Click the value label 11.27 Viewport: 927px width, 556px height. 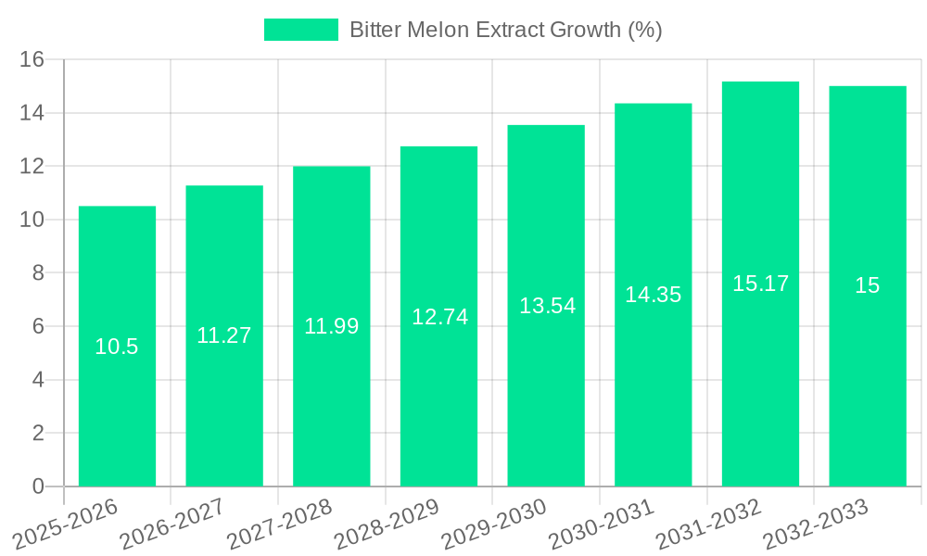pyautogui.click(x=224, y=335)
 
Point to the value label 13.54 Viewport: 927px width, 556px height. pyautogui.click(x=547, y=306)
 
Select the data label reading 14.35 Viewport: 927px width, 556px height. pyautogui.click(x=654, y=295)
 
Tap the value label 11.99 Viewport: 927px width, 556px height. pyautogui.click(x=332, y=326)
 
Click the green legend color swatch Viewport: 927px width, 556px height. pyautogui.click(x=301, y=30)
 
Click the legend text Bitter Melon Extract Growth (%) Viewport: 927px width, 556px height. pyautogui.click(x=505, y=30)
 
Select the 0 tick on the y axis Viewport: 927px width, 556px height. pyautogui.click(x=38, y=486)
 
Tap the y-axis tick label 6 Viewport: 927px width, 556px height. pyautogui.click(x=38, y=326)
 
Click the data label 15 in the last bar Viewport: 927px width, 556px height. pyautogui.click(x=868, y=285)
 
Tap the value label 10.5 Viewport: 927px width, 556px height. pyautogui.click(x=117, y=347)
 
